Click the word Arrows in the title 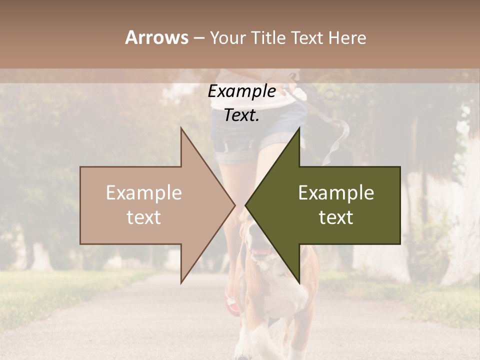click(x=156, y=37)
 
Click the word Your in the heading click(x=228, y=38)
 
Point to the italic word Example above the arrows click(x=241, y=91)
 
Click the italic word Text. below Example click(x=241, y=115)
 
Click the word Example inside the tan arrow click(x=144, y=193)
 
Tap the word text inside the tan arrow click(x=144, y=217)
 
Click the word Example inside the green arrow click(x=336, y=193)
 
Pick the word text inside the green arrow click(x=336, y=217)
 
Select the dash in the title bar click(x=199, y=38)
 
